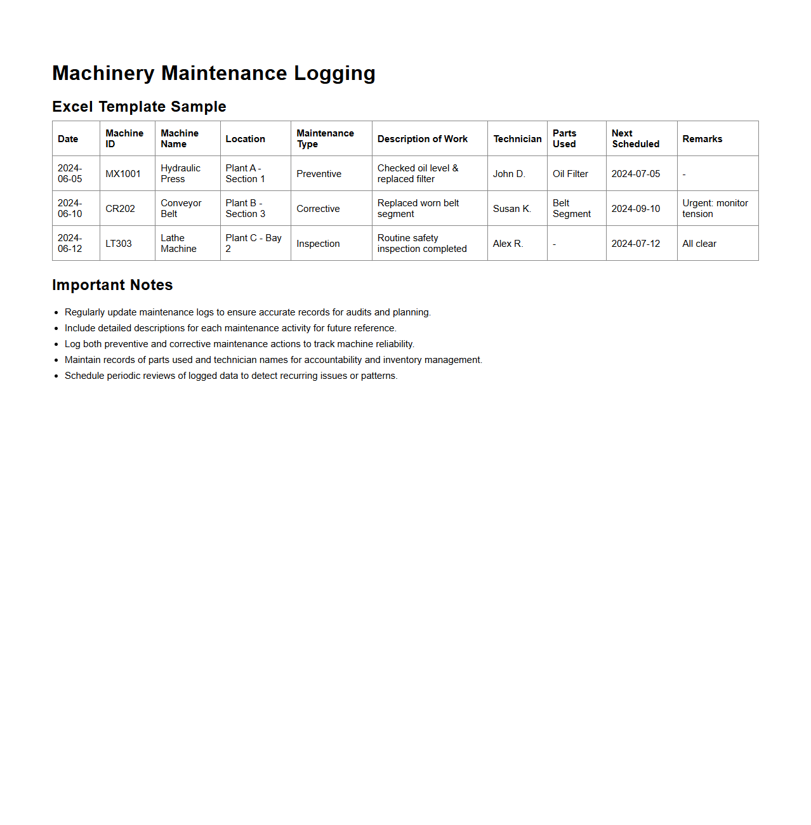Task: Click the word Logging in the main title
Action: (334, 74)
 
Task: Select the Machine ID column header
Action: (124, 138)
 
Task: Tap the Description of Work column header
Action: (422, 139)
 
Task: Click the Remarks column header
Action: (702, 139)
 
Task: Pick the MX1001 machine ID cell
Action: (123, 174)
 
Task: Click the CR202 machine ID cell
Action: (120, 209)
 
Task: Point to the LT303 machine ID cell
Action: (119, 244)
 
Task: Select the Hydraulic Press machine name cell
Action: (180, 174)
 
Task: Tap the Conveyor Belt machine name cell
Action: (181, 209)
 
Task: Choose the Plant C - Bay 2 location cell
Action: (253, 243)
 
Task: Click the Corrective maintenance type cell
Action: (318, 209)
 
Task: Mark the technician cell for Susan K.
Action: (511, 209)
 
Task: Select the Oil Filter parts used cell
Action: (570, 174)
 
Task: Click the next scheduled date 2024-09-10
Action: (635, 209)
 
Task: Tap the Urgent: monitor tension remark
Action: (715, 209)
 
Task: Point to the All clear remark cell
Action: (699, 244)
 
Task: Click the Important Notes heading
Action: (112, 285)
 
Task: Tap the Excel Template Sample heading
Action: (139, 107)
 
